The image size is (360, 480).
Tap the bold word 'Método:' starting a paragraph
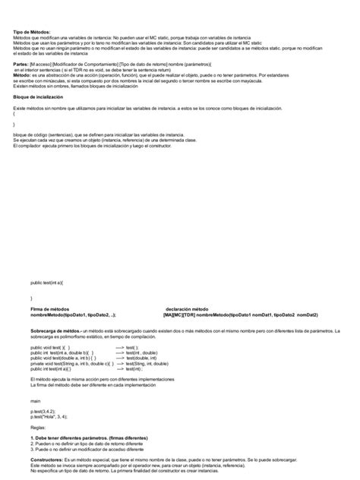24,77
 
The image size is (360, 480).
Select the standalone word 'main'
35,399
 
